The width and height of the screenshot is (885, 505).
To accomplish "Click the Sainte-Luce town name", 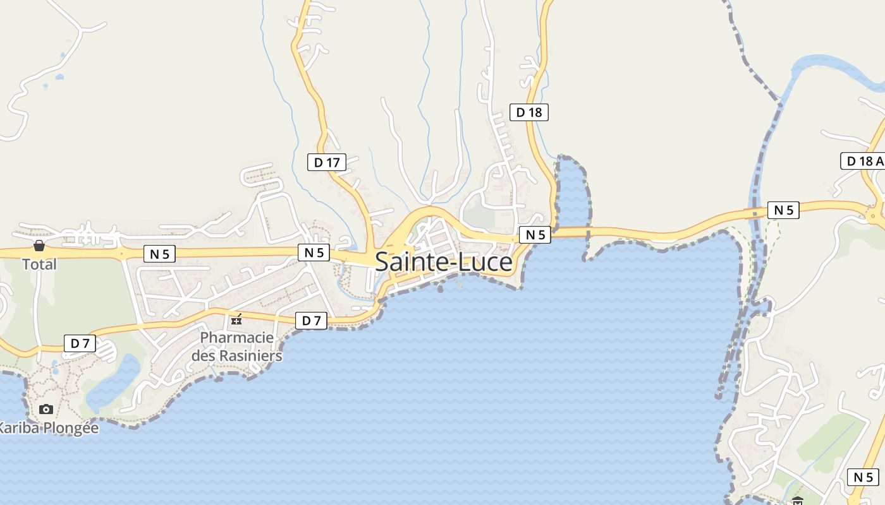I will [x=443, y=262].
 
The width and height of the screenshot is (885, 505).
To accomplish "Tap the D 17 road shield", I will [x=327, y=162].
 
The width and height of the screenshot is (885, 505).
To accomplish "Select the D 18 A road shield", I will [x=862, y=161].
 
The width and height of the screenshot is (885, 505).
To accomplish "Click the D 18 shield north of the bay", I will [x=528, y=112].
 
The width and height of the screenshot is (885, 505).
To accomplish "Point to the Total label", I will [x=39, y=264].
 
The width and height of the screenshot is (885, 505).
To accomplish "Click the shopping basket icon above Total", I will [x=39, y=246].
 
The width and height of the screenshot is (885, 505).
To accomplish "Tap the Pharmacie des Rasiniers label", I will [x=236, y=347].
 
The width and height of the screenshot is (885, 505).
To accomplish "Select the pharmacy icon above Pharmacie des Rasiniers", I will [x=236, y=319].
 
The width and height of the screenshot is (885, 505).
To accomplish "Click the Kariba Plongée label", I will [x=48, y=427].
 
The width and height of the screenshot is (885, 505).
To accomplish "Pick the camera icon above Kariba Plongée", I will [x=46, y=409].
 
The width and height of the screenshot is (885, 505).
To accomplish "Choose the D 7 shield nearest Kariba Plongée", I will [x=80, y=343].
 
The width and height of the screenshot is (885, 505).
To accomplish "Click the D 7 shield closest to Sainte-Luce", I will [x=311, y=321].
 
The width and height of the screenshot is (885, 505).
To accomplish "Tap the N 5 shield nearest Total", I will [x=159, y=254].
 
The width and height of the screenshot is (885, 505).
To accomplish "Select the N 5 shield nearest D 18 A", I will [x=783, y=210].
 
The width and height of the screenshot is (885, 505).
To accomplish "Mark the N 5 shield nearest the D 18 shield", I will [x=535, y=235].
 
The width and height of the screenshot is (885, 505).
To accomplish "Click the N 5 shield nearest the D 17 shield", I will [x=314, y=252].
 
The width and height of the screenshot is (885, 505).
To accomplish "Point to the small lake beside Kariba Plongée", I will [x=114, y=382].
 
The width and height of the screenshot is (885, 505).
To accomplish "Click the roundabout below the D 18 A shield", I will [x=875, y=215].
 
